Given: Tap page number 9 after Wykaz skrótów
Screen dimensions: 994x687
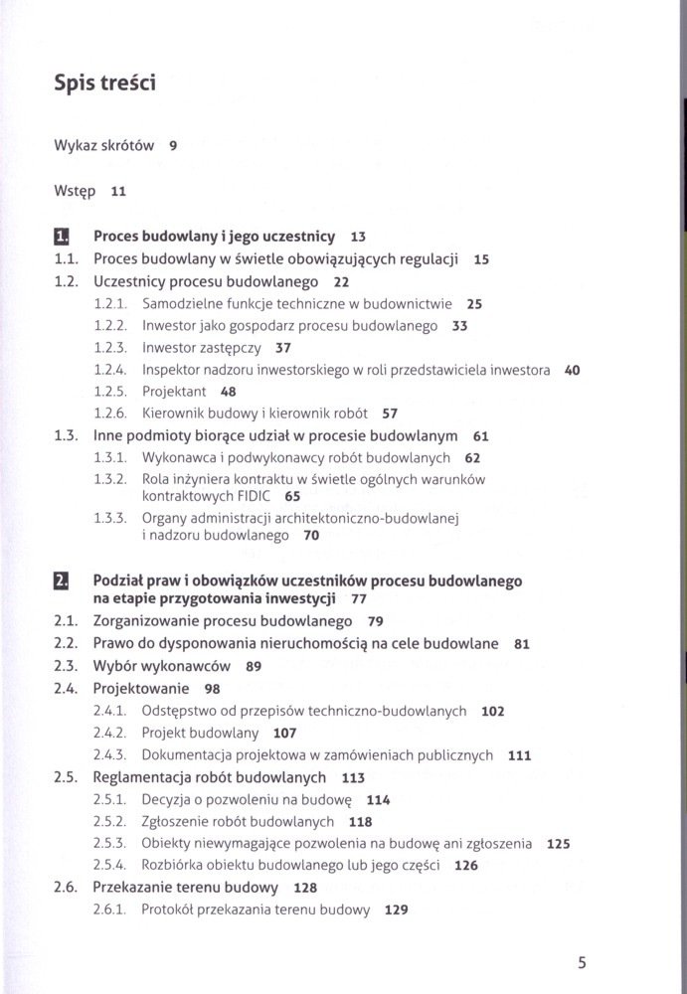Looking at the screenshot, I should click(x=173, y=145).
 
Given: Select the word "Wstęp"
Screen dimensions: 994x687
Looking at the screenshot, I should click(x=75, y=191).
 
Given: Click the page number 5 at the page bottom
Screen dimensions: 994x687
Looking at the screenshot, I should click(x=582, y=961).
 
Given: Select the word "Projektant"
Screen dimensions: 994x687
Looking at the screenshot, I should click(x=174, y=392).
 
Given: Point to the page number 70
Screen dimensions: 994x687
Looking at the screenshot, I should click(x=311, y=536).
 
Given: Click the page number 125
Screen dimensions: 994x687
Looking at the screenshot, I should click(x=559, y=844).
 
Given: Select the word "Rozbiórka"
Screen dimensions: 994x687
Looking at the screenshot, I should click(x=174, y=865).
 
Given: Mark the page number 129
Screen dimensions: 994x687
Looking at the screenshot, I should click(x=396, y=910).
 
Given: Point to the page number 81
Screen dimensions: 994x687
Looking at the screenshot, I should click(x=522, y=644).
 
